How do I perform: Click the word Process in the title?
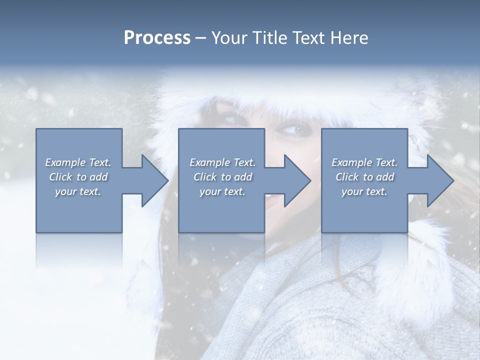(x=157, y=38)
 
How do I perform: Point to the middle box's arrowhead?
(x=296, y=180)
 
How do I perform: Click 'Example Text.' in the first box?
(x=78, y=162)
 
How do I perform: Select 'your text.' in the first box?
(x=78, y=191)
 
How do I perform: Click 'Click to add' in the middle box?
(x=222, y=177)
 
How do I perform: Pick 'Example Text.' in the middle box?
(x=222, y=162)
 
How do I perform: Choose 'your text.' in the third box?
(x=364, y=191)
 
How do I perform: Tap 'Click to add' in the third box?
(x=364, y=177)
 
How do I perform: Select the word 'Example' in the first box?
(x=65, y=162)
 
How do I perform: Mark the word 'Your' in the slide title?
(x=228, y=38)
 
